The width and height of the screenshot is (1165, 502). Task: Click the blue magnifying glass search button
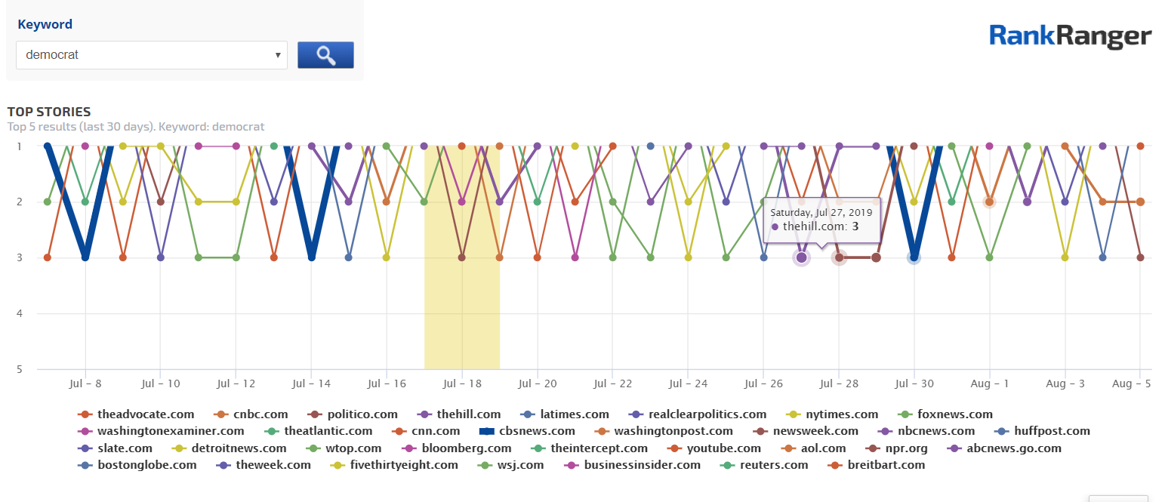pos(325,55)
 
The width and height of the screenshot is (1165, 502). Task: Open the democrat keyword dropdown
pos(151,55)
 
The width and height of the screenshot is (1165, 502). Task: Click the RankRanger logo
pos(1070,36)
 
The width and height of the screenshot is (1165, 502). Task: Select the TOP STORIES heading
pos(49,112)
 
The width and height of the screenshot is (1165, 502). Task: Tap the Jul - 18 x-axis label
pos(461,383)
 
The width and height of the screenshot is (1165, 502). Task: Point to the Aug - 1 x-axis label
pos(989,383)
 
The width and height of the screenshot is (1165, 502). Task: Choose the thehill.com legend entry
pos(467,414)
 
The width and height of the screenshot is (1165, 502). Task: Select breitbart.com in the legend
pos(886,465)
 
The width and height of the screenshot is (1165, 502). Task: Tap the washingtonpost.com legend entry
pos(673,431)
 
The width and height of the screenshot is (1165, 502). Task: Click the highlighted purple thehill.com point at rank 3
pos(801,257)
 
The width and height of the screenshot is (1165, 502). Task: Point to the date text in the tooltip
pos(821,212)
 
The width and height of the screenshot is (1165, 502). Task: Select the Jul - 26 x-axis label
pos(763,383)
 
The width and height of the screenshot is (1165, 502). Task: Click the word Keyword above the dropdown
pos(45,24)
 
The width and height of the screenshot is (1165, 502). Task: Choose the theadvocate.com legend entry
pos(145,414)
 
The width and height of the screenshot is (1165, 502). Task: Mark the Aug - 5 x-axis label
pos(1131,383)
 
